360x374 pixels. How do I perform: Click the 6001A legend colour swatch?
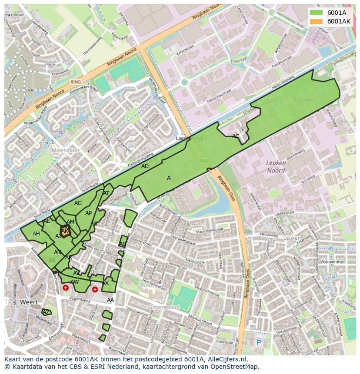[x=316, y=13]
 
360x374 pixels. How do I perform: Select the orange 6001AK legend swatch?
[x=316, y=21]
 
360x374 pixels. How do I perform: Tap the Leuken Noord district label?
[x=276, y=167]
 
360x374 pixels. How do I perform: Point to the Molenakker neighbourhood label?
[x=65, y=150]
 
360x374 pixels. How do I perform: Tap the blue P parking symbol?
[x=259, y=343]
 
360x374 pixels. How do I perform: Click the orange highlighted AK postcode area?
[x=65, y=231]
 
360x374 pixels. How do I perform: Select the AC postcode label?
[x=236, y=136]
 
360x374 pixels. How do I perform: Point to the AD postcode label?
[x=145, y=166]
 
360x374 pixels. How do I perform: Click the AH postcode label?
[x=36, y=234]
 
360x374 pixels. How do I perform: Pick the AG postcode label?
[x=78, y=203]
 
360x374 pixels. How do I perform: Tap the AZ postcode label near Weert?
[x=46, y=312]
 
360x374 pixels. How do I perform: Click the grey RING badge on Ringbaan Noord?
[x=75, y=82]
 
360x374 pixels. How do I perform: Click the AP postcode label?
[x=88, y=213]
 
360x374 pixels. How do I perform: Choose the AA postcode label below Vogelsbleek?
[x=110, y=300]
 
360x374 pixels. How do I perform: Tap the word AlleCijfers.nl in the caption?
[x=227, y=359]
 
